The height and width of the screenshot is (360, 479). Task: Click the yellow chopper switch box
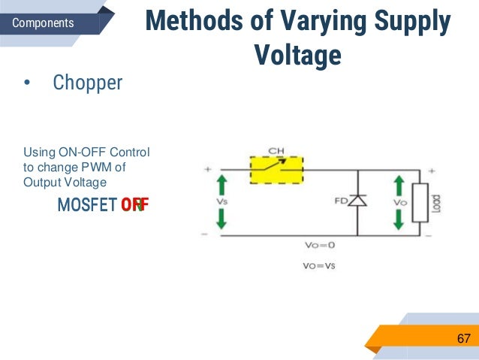click(276, 171)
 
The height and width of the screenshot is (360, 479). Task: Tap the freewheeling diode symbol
click(357, 201)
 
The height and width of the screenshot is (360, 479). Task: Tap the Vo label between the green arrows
click(399, 202)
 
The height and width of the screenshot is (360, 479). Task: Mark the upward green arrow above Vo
click(399, 185)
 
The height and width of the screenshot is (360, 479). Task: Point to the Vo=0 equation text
click(320, 246)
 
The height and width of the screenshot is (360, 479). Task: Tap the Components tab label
click(43, 23)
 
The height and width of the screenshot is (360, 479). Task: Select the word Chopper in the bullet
click(87, 82)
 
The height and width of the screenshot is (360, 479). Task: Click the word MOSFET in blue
click(86, 204)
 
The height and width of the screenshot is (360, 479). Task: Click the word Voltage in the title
click(297, 54)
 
